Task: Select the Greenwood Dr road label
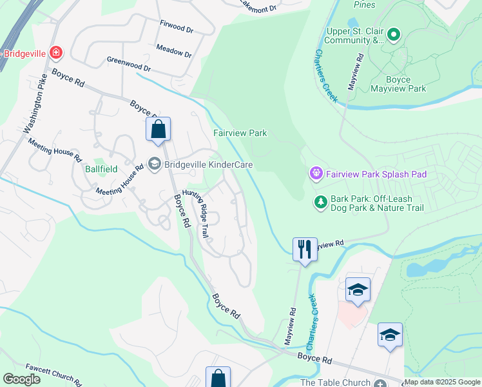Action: (x=128, y=68)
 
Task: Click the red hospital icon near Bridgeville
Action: (x=56, y=52)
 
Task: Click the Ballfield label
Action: (x=101, y=170)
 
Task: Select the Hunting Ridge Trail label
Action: (x=195, y=213)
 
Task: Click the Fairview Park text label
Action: (x=240, y=134)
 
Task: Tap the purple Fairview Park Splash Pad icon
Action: (x=315, y=174)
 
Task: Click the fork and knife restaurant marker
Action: (x=305, y=249)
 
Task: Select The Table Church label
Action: (x=335, y=382)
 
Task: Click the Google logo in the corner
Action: (x=21, y=379)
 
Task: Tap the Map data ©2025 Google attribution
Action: (x=442, y=382)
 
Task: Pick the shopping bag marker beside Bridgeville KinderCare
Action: (x=158, y=130)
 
